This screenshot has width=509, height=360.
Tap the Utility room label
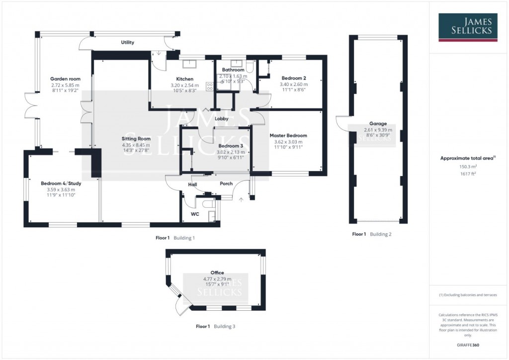point(128,43)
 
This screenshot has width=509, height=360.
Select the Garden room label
point(66,79)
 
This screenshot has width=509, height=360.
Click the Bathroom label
point(233,70)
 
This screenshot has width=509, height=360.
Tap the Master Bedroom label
point(288,135)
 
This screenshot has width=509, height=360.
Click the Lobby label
point(222,119)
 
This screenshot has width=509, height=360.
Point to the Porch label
point(226,184)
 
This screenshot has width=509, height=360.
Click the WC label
point(195,215)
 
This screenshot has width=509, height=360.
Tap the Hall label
point(192,184)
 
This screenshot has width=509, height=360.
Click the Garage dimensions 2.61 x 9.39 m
point(378,130)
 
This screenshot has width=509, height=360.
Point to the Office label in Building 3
point(217,272)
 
